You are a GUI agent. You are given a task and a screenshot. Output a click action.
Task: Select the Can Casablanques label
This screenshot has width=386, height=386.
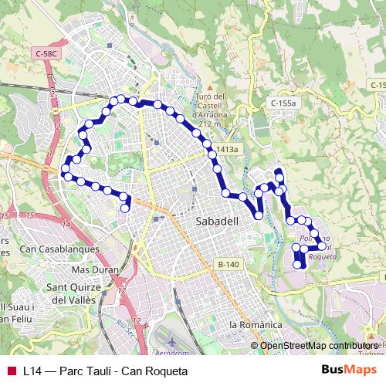click(59, 249)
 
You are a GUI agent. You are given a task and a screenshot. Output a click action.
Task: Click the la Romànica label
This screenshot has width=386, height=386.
click(256, 325)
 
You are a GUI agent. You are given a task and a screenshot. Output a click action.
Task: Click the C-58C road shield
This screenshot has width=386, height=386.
click(47, 53)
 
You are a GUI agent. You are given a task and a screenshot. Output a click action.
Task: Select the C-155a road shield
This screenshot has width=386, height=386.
click(283, 103)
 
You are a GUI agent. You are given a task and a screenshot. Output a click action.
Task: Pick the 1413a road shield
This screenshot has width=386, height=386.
click(229, 149)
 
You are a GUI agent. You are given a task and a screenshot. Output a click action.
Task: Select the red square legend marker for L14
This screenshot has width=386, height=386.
click(12, 371)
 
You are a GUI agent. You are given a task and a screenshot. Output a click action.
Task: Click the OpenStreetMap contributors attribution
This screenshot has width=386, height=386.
click(317, 345)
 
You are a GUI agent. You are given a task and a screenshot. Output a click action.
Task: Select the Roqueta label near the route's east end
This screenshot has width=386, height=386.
click(322, 256)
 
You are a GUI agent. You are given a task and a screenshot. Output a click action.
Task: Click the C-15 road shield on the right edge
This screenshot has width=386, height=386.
click(378, 85)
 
